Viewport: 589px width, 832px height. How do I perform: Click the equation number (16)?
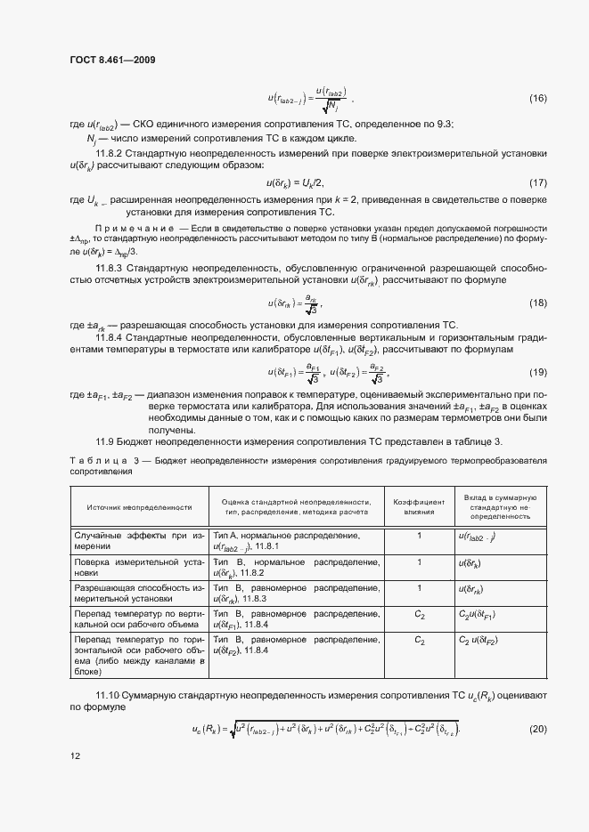pyautogui.click(x=538, y=97)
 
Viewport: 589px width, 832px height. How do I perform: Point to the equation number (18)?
pyautogui.click(x=538, y=303)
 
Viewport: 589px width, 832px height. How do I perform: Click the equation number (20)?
pyautogui.click(x=538, y=730)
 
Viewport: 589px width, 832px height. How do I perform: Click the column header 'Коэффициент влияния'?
pyautogui.click(x=418, y=506)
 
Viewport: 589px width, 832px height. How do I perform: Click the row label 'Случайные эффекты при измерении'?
pyautogui.click(x=139, y=542)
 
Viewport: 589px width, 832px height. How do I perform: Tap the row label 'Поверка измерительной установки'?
pyautogui.click(x=139, y=569)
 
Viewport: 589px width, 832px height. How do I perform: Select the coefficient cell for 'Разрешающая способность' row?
pyautogui.click(x=418, y=588)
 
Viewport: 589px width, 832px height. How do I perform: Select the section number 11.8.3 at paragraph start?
pyautogui.click(x=110, y=268)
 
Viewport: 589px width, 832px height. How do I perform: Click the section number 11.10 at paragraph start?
pyautogui.click(x=108, y=695)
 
